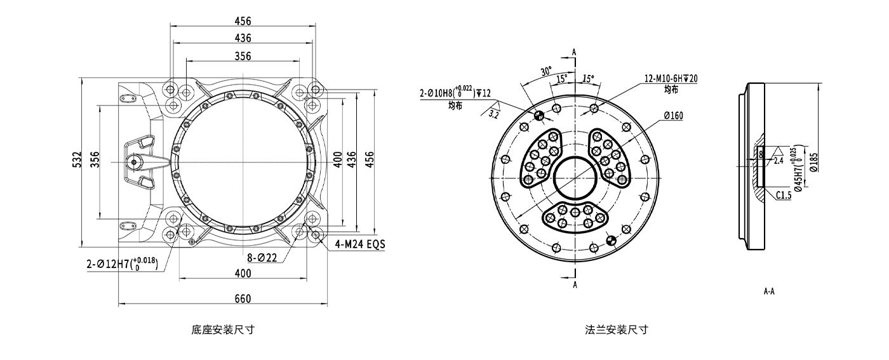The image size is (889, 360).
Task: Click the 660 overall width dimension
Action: tap(243, 298)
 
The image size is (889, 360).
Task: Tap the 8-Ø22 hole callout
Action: tap(262, 258)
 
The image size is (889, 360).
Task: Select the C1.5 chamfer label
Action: tap(783, 196)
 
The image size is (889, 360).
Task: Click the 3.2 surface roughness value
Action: tap(494, 114)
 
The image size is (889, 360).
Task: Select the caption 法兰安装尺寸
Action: tap(617, 330)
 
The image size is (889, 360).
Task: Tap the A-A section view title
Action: tap(769, 292)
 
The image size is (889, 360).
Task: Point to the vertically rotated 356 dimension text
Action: tap(94, 159)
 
